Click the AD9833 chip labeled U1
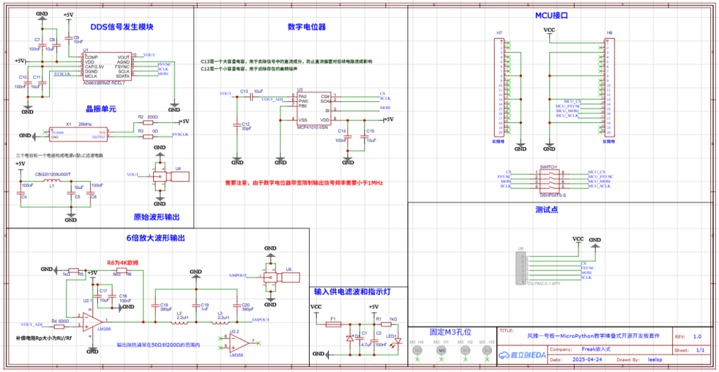point(107,67)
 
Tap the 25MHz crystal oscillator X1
point(78,134)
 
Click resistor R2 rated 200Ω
point(141,122)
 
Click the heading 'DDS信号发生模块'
point(122,27)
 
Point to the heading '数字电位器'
point(306,27)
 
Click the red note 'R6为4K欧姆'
point(122,263)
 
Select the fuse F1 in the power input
point(332,324)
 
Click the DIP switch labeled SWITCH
point(549,179)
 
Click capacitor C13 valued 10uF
point(251,97)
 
